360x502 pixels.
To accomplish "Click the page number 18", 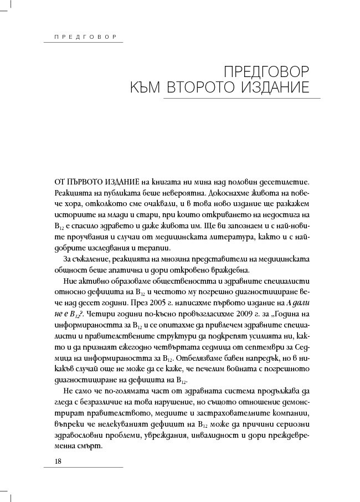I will [58, 462].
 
